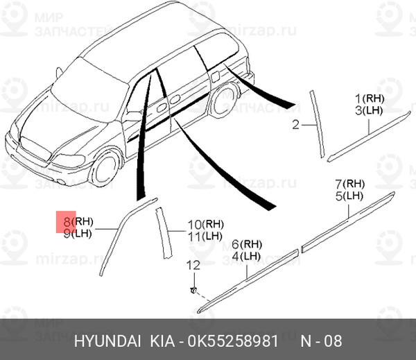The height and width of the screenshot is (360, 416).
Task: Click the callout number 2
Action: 296,125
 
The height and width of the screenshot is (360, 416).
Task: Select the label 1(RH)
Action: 370,99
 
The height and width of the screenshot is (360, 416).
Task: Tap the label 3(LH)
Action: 369,110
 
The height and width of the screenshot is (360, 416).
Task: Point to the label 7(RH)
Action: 350,184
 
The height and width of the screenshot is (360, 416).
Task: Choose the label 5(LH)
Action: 349,196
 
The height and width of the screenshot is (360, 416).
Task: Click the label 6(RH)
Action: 247,245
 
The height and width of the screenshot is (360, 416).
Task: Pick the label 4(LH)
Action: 246,257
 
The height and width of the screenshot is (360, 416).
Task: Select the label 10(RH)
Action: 206,225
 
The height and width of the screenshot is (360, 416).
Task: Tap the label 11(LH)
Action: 205,237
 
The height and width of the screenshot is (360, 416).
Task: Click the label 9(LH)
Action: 78,234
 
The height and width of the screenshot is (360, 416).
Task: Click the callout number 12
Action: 193,265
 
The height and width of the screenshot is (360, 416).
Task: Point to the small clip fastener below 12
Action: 193,290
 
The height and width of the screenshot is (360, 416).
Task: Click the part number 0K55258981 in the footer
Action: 233,341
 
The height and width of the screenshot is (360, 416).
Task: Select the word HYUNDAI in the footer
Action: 107,341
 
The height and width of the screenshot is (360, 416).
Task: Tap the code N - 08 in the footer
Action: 321,341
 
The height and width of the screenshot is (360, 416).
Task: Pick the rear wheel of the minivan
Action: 225,101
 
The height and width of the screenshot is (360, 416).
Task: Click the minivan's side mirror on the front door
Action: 133,116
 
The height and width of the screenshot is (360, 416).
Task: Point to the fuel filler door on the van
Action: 215,76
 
